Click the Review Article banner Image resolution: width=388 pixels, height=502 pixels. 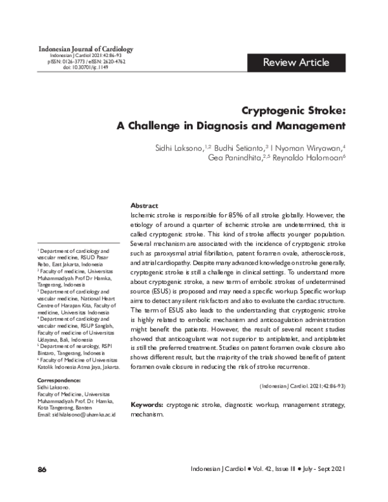[296, 62]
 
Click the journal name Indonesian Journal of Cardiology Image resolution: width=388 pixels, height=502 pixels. [86, 49]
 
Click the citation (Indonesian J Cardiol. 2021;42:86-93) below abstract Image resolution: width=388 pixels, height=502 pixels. [303, 386]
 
